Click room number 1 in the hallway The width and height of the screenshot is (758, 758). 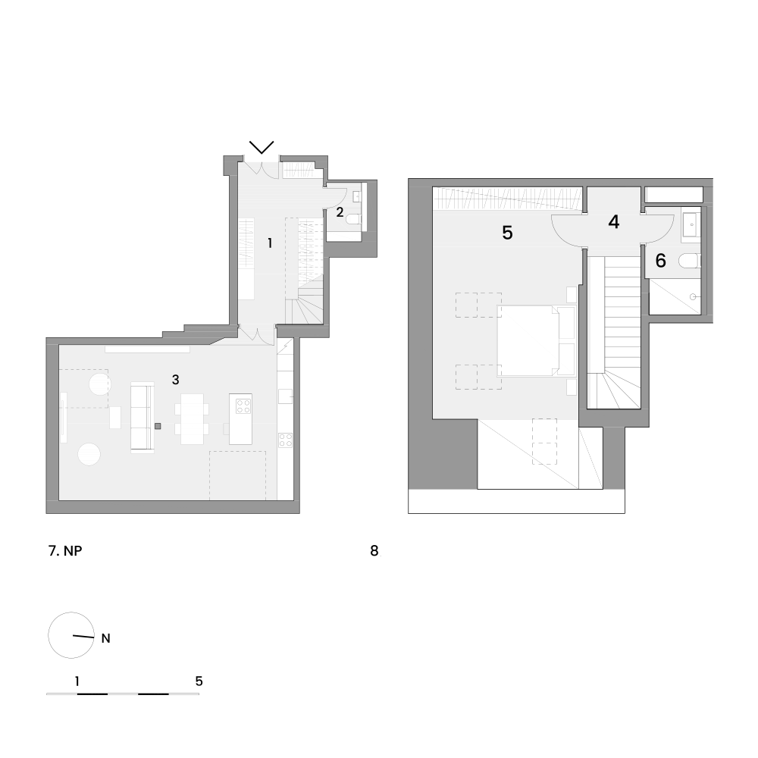coord(270,243)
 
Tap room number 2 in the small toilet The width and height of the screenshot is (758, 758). coord(340,212)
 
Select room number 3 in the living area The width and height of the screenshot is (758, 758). coord(176,380)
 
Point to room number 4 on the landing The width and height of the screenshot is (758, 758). coord(613,222)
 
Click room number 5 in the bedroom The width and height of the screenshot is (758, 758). coord(507,233)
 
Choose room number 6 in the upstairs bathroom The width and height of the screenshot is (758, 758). coord(660,261)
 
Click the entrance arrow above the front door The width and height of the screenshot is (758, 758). coord(262,147)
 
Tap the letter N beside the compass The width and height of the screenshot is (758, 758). coord(106,638)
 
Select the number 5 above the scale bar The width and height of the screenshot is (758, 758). coord(199,681)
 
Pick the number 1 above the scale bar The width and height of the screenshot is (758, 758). coord(77,681)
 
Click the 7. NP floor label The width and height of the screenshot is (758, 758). coord(65,550)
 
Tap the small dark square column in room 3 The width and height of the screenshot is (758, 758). coord(158,426)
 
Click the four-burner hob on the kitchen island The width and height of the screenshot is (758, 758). coord(243,406)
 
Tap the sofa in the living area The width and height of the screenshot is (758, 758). coord(143,417)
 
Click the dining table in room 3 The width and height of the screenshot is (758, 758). coord(192,418)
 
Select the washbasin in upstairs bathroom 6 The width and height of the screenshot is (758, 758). coord(691,224)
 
